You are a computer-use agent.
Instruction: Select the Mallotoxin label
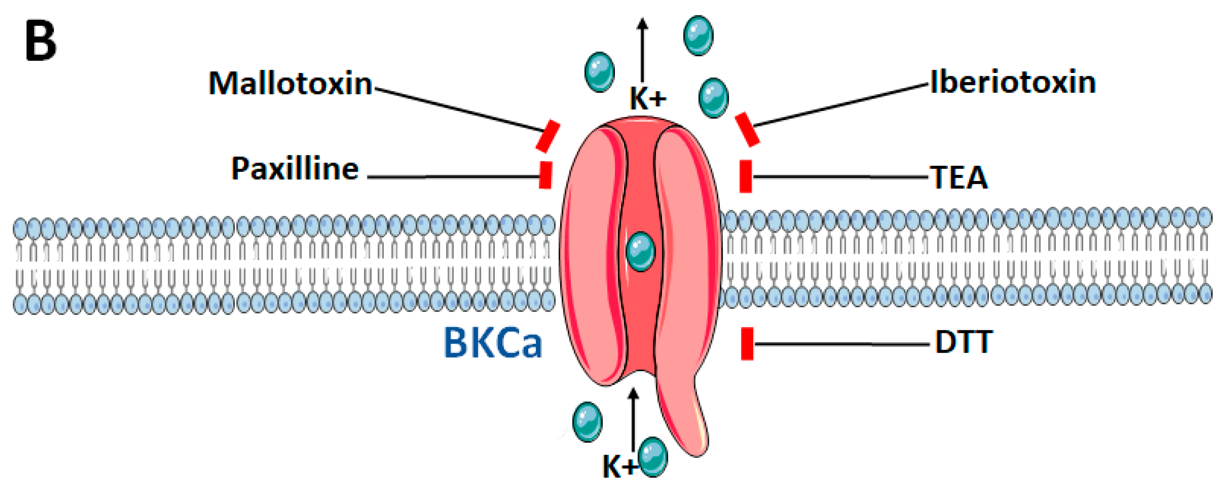290,84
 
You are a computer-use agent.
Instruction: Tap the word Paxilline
295,169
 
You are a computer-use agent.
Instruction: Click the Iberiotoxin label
1013,83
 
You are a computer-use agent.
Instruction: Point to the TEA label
959,178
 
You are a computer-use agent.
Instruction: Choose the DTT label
964,342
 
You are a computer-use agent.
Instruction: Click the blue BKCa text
493,343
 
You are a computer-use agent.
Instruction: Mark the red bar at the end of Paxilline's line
546,175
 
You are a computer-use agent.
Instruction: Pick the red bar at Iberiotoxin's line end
747,129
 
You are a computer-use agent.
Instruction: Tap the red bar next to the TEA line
746,176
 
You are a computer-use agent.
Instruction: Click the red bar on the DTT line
747,343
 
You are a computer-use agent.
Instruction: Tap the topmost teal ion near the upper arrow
698,35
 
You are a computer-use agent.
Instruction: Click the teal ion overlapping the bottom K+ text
653,457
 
